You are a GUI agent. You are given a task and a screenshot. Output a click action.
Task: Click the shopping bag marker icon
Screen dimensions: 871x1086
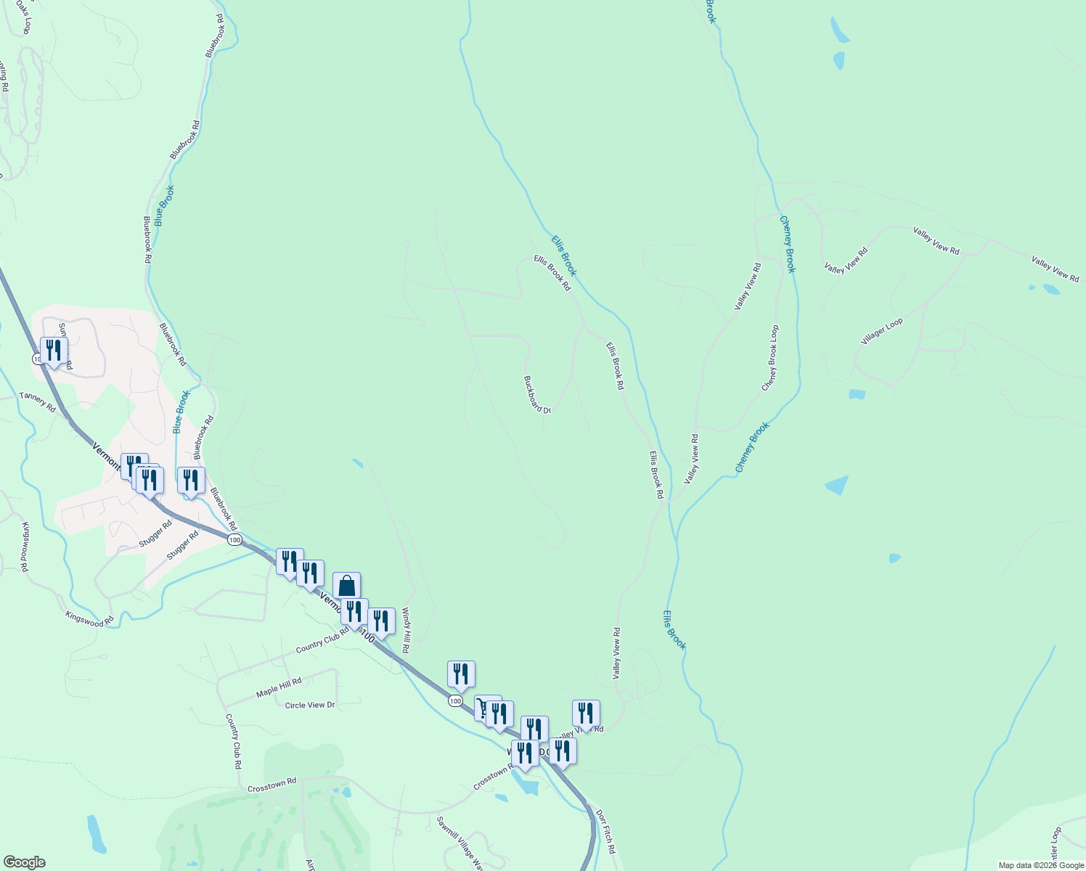tap(346, 585)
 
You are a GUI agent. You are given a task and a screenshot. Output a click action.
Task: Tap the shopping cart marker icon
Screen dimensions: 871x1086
tap(483, 707)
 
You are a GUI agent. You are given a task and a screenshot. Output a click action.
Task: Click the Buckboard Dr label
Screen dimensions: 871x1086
tap(537, 394)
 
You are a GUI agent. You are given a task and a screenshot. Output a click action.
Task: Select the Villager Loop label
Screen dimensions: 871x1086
tap(881, 331)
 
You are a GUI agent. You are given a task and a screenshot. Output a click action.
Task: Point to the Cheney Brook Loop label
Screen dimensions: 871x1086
tap(769, 358)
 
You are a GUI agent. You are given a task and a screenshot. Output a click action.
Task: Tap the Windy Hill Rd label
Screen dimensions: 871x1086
tap(406, 630)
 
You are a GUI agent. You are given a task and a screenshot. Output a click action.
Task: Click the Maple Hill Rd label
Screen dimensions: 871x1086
tap(279, 688)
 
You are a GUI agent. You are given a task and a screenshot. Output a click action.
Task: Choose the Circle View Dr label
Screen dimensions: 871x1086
tap(310, 705)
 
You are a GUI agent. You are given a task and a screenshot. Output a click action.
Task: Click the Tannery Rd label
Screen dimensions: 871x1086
tap(37, 401)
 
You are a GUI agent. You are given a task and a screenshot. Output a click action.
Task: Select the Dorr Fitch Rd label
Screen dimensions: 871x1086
tap(605, 832)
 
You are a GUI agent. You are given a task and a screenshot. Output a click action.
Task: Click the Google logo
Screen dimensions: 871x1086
tap(24, 862)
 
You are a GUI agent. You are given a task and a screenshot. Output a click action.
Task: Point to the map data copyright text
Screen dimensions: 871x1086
tap(1040, 865)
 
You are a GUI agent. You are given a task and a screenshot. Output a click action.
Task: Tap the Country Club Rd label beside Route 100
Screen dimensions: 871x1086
tap(322, 641)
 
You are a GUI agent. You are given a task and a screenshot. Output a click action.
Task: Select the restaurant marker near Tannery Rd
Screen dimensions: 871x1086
tap(54, 351)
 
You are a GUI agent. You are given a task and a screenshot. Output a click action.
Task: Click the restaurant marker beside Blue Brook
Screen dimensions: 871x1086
tap(191, 480)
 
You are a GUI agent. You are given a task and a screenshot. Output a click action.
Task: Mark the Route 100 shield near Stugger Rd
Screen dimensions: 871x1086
tap(234, 540)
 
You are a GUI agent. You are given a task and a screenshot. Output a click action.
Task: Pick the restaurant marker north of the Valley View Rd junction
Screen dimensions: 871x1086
tap(586, 713)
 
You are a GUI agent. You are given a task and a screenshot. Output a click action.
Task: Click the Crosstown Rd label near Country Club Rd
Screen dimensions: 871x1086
tap(272, 785)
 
